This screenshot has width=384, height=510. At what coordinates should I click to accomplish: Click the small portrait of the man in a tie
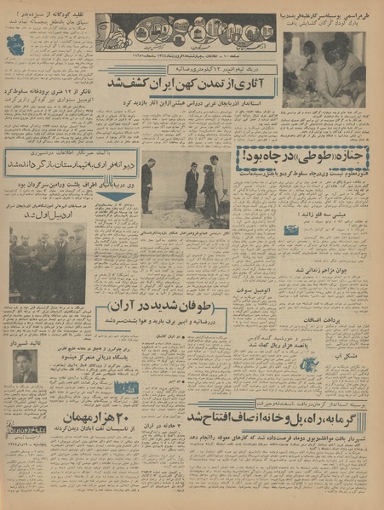[x=25, y=368]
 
